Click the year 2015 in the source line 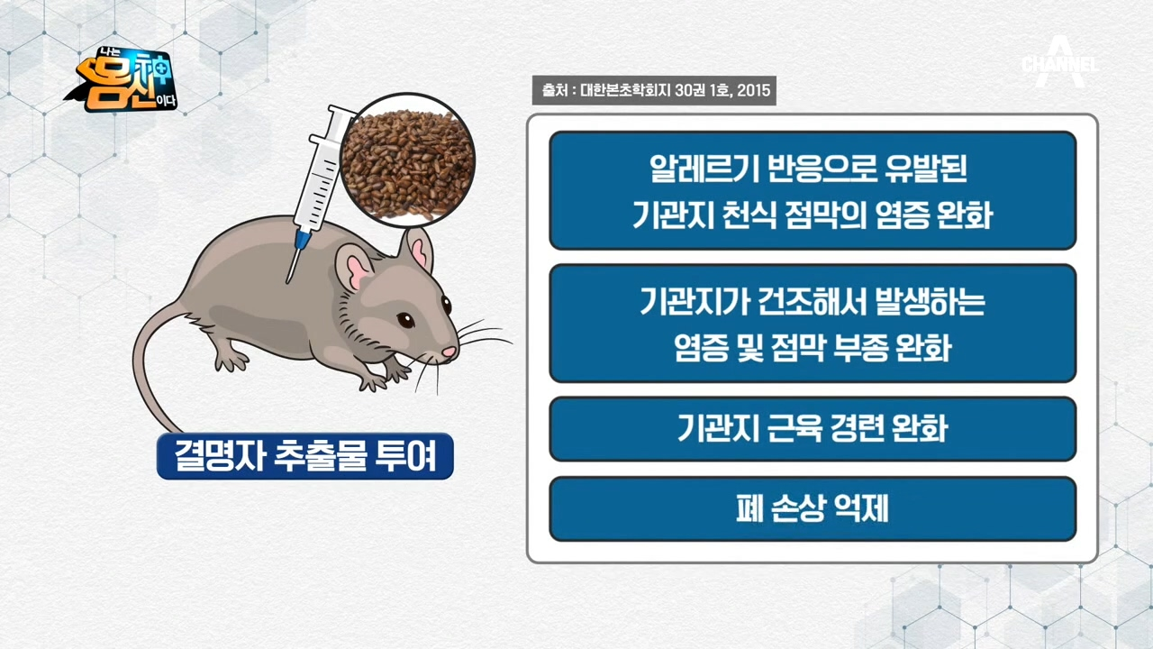(x=754, y=91)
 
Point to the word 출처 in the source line (x=554, y=91)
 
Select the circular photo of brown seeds (x=407, y=160)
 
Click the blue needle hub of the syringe (x=303, y=237)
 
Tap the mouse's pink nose (x=449, y=352)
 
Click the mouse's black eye (x=405, y=320)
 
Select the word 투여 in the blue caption (x=406, y=456)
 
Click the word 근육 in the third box (x=794, y=428)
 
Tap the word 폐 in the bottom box (x=749, y=508)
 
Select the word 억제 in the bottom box (x=860, y=508)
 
